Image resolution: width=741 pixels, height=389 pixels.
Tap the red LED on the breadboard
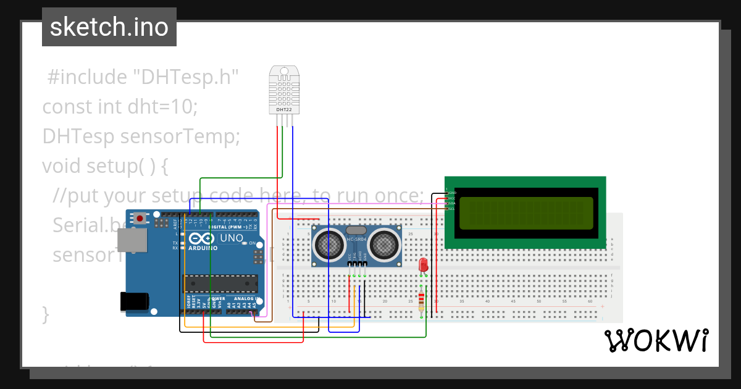point(423,265)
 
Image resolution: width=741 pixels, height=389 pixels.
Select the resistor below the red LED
point(422,301)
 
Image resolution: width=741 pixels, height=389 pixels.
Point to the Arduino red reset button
point(141,218)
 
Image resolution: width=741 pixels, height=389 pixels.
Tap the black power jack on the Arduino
point(134,301)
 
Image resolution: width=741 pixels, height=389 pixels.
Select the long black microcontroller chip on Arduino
point(220,283)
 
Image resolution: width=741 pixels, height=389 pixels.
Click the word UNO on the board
point(232,238)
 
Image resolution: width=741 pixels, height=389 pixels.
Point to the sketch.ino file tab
point(109,27)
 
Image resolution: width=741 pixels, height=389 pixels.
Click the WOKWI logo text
point(656,340)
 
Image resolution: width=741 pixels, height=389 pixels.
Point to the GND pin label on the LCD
point(451,193)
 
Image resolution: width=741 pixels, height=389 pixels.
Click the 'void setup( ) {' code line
point(105,166)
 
